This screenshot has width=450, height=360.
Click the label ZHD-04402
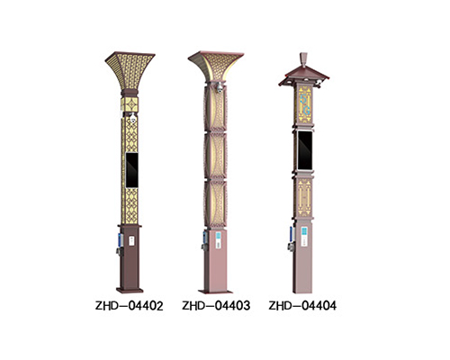[x=130, y=306]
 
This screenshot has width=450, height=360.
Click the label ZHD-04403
[x=216, y=306]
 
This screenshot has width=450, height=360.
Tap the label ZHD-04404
[x=302, y=306]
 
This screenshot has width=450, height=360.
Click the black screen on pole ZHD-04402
[x=131, y=170]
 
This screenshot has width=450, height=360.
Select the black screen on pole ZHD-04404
[x=304, y=150]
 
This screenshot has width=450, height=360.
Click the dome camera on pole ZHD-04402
[x=133, y=118]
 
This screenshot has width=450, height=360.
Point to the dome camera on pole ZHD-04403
[x=220, y=86]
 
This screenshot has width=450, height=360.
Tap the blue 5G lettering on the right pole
[x=305, y=104]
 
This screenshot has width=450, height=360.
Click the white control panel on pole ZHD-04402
[x=131, y=241]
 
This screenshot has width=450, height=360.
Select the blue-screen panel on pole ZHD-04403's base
[x=218, y=239]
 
